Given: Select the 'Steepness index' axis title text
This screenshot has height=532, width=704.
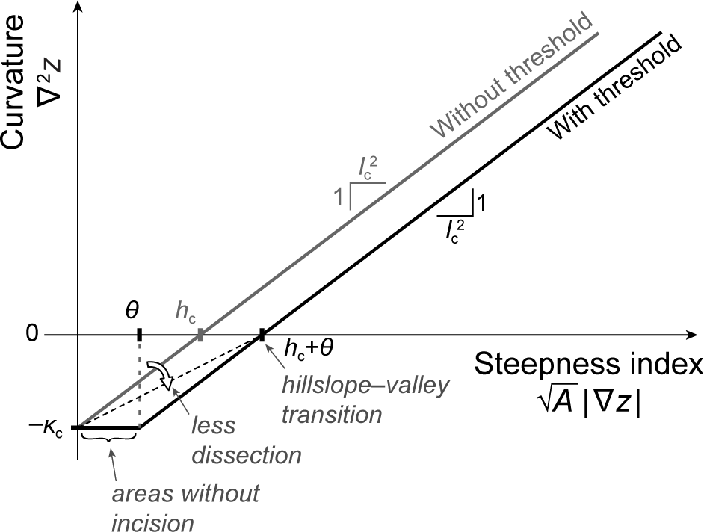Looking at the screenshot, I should pyautogui.click(x=588, y=368).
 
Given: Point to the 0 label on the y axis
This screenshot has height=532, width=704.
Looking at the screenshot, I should pyautogui.click(x=31, y=335).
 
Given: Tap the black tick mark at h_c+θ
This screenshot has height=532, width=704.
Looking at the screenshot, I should pyautogui.click(x=262, y=335).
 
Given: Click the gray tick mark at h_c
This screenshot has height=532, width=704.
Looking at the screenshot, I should pyautogui.click(x=200, y=335).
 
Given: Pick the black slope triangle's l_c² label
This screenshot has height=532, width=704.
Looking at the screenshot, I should pyautogui.click(x=454, y=228).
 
